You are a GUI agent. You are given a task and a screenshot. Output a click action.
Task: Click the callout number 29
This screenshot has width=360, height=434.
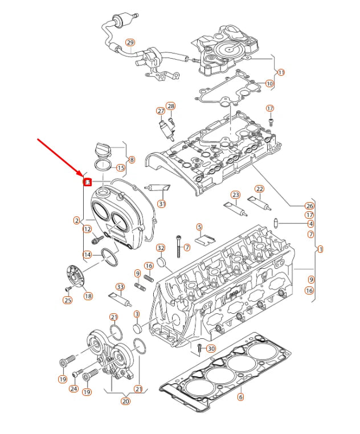coord(130,43)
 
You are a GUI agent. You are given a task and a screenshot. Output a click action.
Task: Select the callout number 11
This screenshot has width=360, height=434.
coord(281,73)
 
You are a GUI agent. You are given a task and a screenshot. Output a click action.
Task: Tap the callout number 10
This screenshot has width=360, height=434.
coord(269,83)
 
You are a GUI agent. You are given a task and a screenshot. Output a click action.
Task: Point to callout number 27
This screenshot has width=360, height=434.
coord(161,110)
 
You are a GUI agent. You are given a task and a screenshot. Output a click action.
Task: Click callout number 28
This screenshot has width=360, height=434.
coord(171,107)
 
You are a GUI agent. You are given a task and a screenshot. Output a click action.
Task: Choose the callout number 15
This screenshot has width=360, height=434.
coord(120,167)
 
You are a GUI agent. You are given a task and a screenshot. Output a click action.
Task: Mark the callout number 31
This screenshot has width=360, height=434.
coord(162,203)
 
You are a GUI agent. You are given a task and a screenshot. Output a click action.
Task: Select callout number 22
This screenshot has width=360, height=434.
coord(259,189)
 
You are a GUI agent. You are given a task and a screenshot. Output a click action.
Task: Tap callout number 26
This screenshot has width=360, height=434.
coord(309,206)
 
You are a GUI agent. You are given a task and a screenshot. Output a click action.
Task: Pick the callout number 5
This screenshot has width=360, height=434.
coord(199,227)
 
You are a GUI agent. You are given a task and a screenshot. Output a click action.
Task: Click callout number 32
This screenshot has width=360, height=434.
coord(161,248)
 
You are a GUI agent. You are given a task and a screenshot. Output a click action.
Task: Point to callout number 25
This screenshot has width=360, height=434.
coord(68,300)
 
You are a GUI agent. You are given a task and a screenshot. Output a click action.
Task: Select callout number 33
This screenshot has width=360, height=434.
coord(120,286)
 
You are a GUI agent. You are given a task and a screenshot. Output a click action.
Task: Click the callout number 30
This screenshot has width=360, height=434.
coord(211,349)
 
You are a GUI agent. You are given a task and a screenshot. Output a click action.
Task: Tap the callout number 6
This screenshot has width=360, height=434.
coord(240,397)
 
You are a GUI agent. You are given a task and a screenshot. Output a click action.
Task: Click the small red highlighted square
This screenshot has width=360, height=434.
coord(88,182)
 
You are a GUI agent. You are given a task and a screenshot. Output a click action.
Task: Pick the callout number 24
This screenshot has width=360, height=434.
coord(73,389)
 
